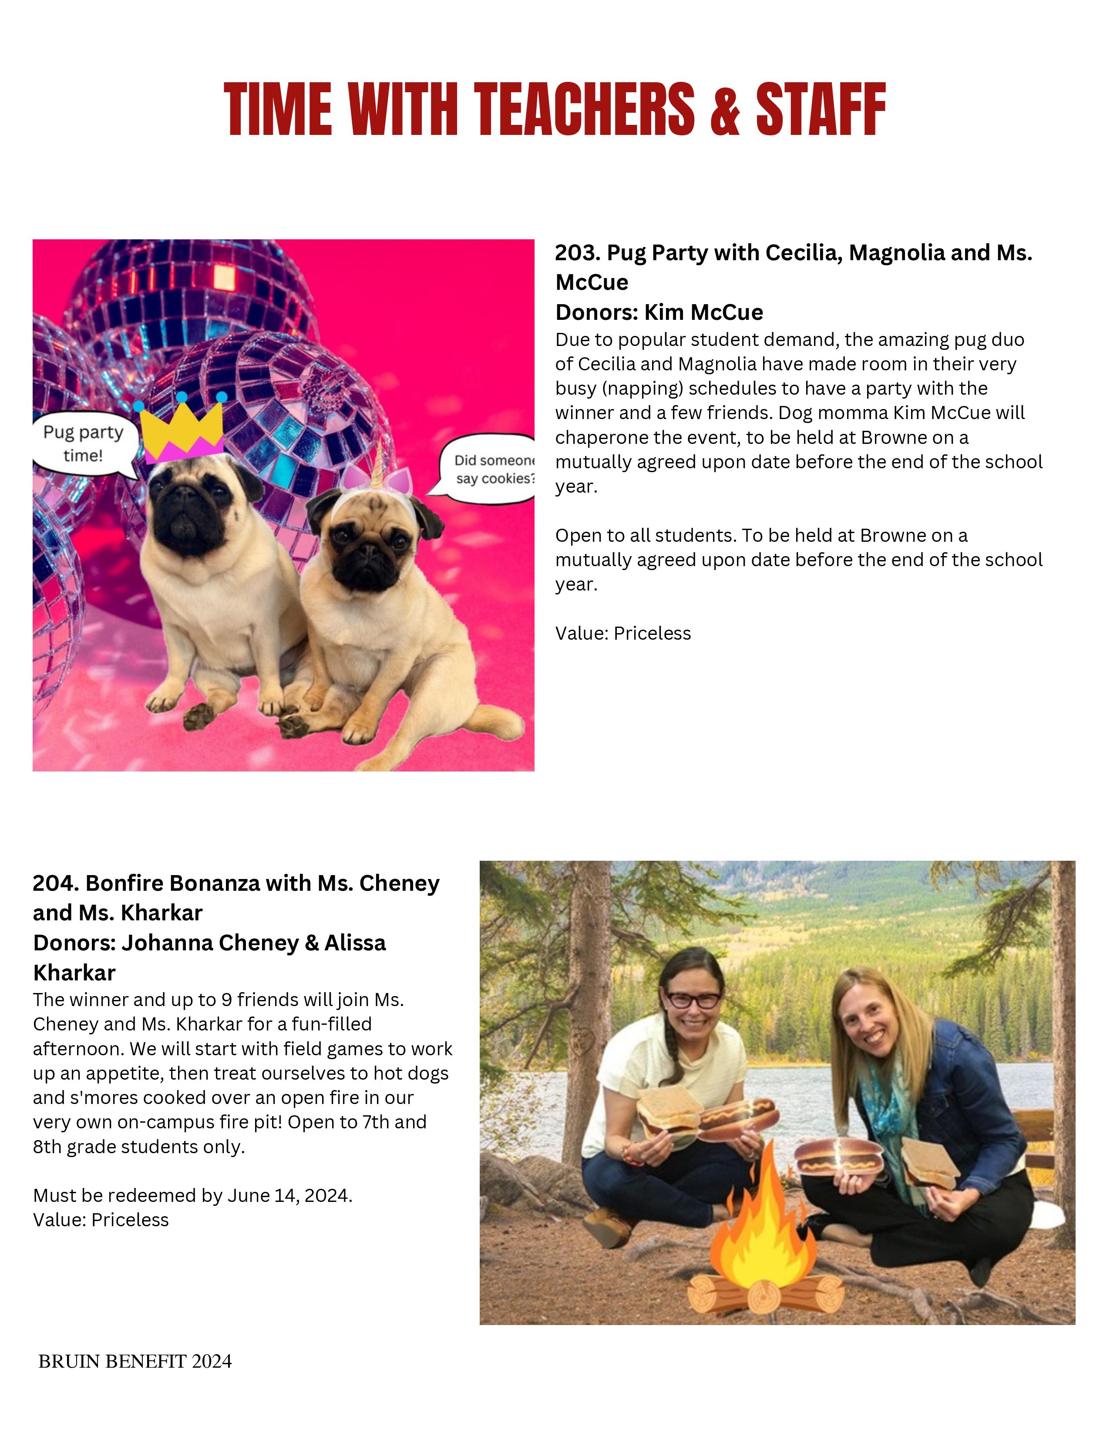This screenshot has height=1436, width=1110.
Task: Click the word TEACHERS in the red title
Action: pyautogui.click(x=584, y=109)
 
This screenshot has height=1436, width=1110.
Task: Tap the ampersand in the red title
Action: pyautogui.click(x=725, y=109)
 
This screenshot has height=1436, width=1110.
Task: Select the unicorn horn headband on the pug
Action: pyautogui.click(x=380, y=471)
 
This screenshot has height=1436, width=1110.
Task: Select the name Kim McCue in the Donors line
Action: pyautogui.click(x=703, y=312)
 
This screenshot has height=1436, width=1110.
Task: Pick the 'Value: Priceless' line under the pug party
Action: pyautogui.click(x=623, y=633)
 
